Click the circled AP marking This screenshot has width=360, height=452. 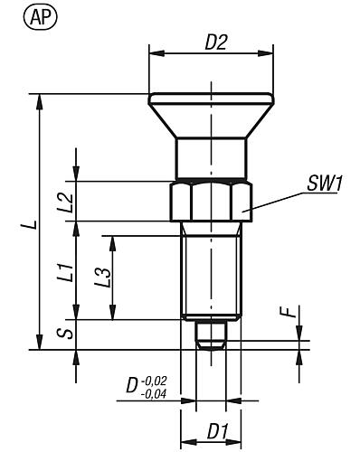(x=20, y=15)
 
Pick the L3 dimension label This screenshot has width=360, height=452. (x=102, y=278)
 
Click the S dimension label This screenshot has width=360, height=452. (x=62, y=333)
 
